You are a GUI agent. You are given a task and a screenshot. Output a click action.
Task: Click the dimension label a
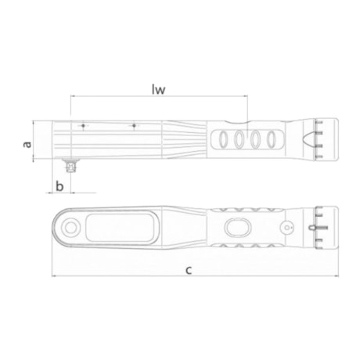pyautogui.click(x=27, y=144)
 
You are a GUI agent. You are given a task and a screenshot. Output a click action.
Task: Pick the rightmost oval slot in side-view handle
pyautogui.click(x=272, y=140)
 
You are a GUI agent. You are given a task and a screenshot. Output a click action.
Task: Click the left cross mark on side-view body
pyautogui.click(x=82, y=125)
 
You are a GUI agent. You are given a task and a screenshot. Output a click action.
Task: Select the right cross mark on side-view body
pyautogui.click(x=134, y=125)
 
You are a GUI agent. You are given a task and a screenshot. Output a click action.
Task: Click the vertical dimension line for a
pyautogui.click(x=34, y=141)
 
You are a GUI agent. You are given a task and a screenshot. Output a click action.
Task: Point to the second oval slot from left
pyautogui.click(x=239, y=140)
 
